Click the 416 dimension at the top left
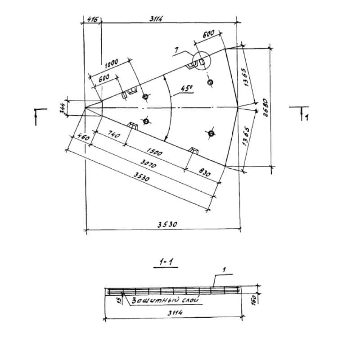point(93,19)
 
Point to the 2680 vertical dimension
point(265,108)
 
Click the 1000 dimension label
point(112,63)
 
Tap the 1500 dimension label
point(154,152)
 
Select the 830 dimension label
point(204,172)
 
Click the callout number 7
point(176,49)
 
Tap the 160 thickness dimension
point(254,300)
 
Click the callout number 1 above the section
point(224,269)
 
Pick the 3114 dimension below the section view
point(175,313)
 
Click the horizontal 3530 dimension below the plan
point(167,224)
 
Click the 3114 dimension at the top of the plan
point(156,18)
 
